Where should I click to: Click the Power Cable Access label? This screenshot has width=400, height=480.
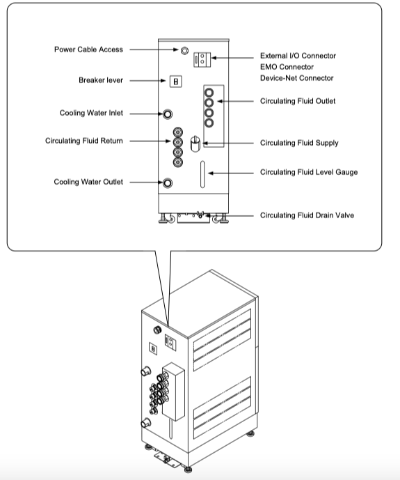(x=88, y=49)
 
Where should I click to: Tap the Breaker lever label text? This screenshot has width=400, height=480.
(x=101, y=80)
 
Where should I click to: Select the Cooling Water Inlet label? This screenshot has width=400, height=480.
(x=91, y=113)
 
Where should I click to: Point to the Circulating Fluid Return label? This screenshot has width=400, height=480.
(x=84, y=141)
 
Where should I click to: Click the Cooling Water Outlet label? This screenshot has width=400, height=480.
(x=88, y=182)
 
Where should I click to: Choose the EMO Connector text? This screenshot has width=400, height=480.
(x=287, y=67)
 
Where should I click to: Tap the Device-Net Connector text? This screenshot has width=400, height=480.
(x=297, y=78)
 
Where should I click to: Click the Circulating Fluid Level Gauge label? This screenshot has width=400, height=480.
(x=309, y=172)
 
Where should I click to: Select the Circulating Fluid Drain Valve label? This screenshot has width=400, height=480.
(x=307, y=215)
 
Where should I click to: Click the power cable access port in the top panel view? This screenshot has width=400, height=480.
(x=184, y=51)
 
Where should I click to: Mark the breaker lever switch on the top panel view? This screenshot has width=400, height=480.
(x=176, y=82)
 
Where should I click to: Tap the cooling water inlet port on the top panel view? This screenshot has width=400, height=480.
(x=168, y=114)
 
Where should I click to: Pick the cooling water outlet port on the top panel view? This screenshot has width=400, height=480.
(x=168, y=183)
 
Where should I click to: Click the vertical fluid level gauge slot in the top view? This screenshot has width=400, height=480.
(x=202, y=174)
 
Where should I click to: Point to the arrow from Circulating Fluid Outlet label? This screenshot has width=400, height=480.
(x=235, y=101)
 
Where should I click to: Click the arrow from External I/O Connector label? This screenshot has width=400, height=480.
(x=232, y=58)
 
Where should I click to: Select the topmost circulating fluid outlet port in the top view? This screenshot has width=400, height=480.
(x=209, y=93)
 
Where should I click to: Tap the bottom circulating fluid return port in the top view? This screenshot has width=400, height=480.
(x=178, y=162)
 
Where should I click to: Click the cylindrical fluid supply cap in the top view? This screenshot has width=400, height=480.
(x=195, y=144)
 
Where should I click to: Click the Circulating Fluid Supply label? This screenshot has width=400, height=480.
(x=299, y=143)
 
